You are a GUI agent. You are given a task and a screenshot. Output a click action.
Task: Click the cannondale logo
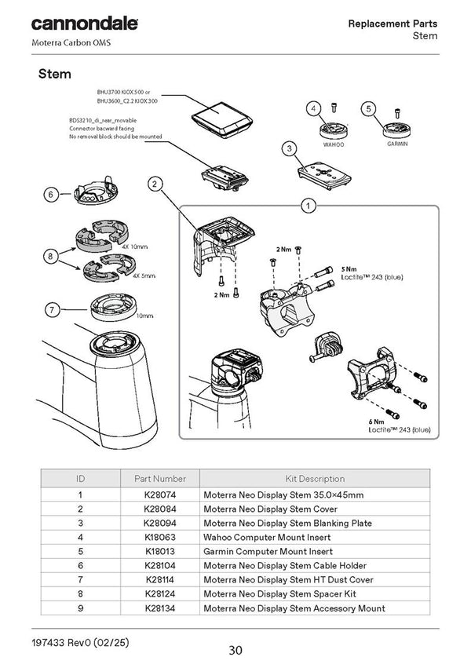click(84, 24)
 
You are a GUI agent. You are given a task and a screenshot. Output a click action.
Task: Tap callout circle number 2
click(155, 184)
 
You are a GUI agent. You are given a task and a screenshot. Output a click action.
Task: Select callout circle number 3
click(289, 148)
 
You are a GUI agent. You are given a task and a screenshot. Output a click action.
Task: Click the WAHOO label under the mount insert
click(334, 146)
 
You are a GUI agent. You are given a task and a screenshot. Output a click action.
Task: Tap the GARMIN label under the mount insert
click(396, 146)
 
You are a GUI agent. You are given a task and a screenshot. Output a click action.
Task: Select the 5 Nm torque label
click(349, 268)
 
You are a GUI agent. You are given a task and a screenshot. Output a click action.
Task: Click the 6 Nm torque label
click(376, 422)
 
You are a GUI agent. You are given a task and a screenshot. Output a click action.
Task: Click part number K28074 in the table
click(160, 495)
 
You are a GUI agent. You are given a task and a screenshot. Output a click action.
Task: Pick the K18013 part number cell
click(160, 551)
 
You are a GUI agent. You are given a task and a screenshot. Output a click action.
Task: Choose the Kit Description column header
click(314, 478)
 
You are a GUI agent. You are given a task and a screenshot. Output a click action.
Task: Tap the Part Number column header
click(160, 478)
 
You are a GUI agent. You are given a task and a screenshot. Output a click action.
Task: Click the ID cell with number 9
click(80, 608)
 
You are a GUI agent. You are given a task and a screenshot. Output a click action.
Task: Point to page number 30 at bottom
click(235, 650)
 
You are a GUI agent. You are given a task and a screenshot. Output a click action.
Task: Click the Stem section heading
click(55, 75)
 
